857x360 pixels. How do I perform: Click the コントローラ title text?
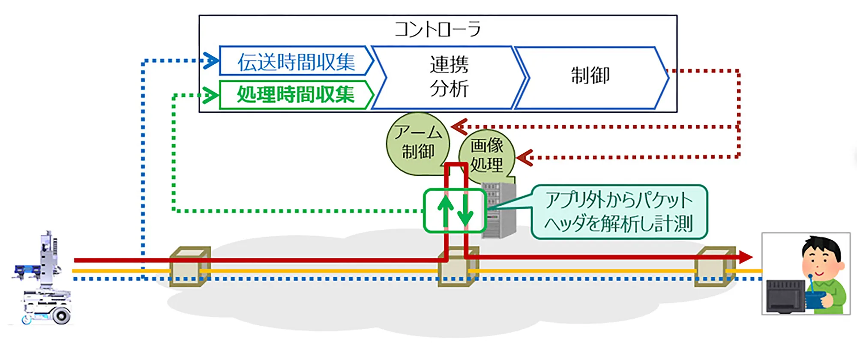437,29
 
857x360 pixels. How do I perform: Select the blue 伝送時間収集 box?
296,61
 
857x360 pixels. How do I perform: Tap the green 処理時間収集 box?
296,94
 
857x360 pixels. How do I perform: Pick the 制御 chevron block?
591,78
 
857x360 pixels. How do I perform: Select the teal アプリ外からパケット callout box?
619,212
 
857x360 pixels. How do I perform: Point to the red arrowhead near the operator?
745,257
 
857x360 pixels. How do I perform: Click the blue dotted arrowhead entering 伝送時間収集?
210,60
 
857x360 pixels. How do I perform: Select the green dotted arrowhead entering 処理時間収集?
210,95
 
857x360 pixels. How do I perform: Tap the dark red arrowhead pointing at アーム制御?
459,127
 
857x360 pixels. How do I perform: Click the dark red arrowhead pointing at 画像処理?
524,158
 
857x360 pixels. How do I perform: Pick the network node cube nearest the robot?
190,267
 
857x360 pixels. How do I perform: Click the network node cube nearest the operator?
715,267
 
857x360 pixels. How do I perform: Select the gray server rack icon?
499,210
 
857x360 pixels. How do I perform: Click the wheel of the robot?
61,316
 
